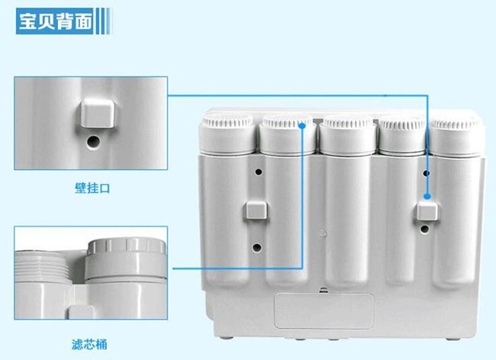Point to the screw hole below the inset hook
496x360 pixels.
tap(92, 141)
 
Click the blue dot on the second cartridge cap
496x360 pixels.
tap(303, 127)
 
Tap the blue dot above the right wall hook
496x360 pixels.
tap(429, 196)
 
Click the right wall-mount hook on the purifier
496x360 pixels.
tap(429, 215)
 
